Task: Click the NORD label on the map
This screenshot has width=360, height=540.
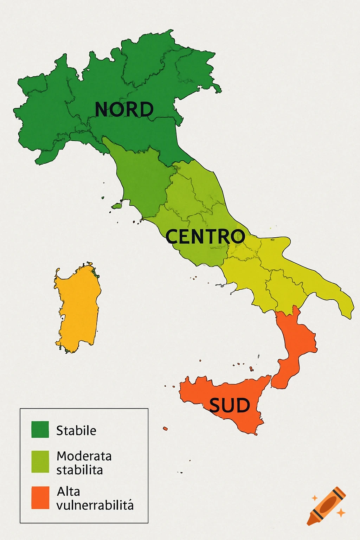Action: click(124, 109)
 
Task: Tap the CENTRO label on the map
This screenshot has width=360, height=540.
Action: click(205, 236)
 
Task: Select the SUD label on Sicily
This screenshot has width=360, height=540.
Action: click(230, 405)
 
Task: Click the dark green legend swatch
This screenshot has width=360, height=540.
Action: click(40, 429)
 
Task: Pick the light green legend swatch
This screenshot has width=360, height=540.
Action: click(40, 462)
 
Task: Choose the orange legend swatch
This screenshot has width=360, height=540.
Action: click(40, 497)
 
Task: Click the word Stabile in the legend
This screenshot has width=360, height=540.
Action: click(76, 430)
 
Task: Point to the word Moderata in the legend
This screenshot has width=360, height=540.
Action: click(84, 456)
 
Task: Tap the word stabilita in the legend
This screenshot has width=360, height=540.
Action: click(79, 470)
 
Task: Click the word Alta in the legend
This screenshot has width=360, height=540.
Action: click(69, 491)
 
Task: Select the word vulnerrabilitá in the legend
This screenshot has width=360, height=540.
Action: click(95, 506)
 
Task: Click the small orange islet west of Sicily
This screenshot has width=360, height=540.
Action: click(165, 429)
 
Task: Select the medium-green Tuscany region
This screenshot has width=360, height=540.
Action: click(142, 179)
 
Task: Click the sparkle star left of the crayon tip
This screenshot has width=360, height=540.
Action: click(315, 498)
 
